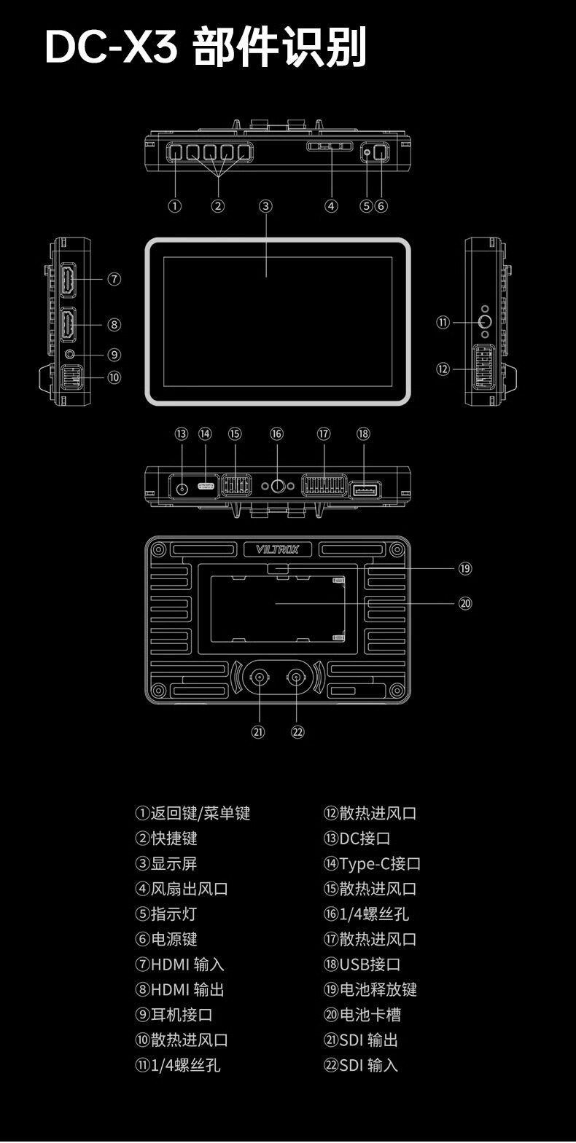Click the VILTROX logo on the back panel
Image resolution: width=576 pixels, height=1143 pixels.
click(x=277, y=549)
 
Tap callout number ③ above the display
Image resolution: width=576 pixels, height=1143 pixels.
click(x=265, y=206)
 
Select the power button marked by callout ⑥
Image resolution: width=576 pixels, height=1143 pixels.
click(x=381, y=152)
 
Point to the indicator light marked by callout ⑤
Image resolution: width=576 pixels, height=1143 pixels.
click(x=367, y=152)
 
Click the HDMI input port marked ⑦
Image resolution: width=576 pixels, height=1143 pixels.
click(x=69, y=280)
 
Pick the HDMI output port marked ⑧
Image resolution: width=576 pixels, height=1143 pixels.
click(x=69, y=324)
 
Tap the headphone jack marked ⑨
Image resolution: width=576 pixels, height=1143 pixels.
click(x=71, y=353)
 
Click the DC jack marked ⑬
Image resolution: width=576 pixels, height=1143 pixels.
click(x=182, y=488)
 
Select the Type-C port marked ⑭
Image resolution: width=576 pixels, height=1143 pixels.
click(x=206, y=486)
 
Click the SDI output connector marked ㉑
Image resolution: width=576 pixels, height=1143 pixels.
click(x=260, y=677)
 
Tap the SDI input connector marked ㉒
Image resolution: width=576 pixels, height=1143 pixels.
click(x=296, y=677)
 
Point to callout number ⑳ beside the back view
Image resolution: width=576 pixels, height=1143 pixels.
click(x=465, y=604)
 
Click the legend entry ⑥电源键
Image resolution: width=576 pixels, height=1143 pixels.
click(x=166, y=938)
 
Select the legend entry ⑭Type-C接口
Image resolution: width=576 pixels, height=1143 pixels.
click(x=373, y=863)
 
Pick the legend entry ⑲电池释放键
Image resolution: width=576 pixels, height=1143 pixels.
click(x=370, y=989)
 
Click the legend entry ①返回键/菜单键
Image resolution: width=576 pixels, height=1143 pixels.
click(x=192, y=813)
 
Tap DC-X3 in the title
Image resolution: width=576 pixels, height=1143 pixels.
click(x=112, y=47)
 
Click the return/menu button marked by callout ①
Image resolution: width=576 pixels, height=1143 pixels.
click(x=175, y=152)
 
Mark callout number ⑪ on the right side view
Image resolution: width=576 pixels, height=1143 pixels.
click(x=443, y=323)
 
